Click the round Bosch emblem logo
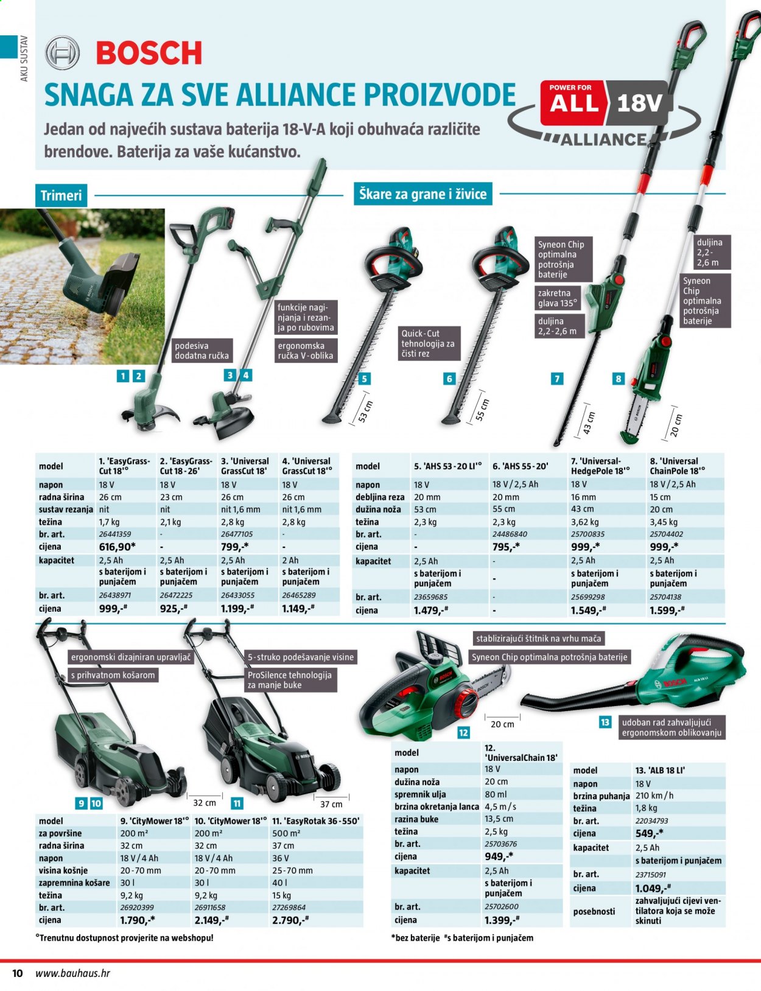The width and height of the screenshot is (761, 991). pyautogui.click(x=63, y=52)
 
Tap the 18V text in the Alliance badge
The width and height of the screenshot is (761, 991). pyautogui.click(x=639, y=103)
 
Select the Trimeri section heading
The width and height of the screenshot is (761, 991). pyautogui.click(x=61, y=195)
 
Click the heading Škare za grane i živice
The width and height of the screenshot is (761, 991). pyautogui.click(x=423, y=194)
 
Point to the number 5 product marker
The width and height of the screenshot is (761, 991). pyautogui.click(x=364, y=379)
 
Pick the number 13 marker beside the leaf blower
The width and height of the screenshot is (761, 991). pyautogui.click(x=605, y=722)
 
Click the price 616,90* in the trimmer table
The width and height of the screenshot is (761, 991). pyautogui.click(x=117, y=547)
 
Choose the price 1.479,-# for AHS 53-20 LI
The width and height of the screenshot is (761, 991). pyautogui.click(x=430, y=610)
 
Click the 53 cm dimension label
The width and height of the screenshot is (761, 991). pyautogui.click(x=366, y=412)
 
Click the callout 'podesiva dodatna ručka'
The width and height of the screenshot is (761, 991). pyautogui.click(x=202, y=350)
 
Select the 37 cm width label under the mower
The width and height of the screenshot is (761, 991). pyautogui.click(x=331, y=804)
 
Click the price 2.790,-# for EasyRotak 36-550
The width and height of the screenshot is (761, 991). pyautogui.click(x=290, y=920)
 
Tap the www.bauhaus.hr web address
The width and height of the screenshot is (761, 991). pyautogui.click(x=73, y=973)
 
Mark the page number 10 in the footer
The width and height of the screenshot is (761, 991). pyautogui.click(x=17, y=973)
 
